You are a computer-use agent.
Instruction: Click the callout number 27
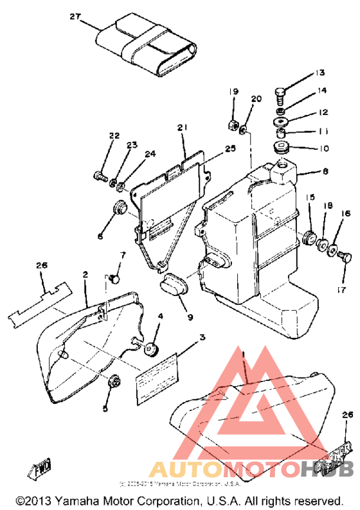click(x=75, y=19)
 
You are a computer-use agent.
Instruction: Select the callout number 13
click(x=320, y=72)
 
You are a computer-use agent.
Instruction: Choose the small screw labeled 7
click(x=114, y=277)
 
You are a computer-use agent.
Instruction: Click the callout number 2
click(x=84, y=275)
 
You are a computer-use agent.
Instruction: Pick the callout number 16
click(x=346, y=213)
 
